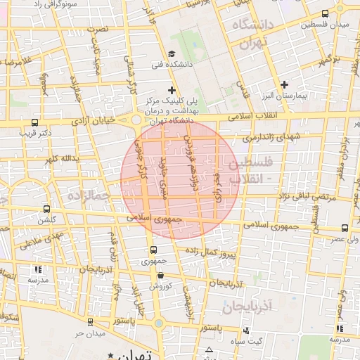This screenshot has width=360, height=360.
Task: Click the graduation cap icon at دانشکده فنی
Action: click(172, 54)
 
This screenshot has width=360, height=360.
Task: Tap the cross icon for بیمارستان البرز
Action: click(284, 84)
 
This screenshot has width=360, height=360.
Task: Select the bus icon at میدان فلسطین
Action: click(324, 13)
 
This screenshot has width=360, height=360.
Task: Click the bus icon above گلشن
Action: click(47, 209)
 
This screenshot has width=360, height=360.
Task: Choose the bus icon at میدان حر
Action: click(96, 321)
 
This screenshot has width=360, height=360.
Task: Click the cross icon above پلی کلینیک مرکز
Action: click(172, 90)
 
